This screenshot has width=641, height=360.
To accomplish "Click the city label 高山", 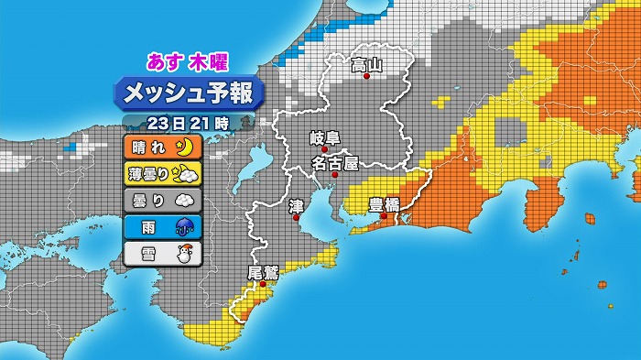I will click(x=366, y=65).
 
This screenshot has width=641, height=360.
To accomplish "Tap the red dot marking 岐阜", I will click(x=323, y=150).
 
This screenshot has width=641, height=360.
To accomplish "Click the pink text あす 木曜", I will click(x=187, y=62).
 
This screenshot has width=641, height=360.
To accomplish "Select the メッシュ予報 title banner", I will click(x=189, y=93).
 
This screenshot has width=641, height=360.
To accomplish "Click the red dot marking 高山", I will click(x=366, y=77).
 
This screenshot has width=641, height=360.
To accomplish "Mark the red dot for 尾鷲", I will click(x=264, y=284).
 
